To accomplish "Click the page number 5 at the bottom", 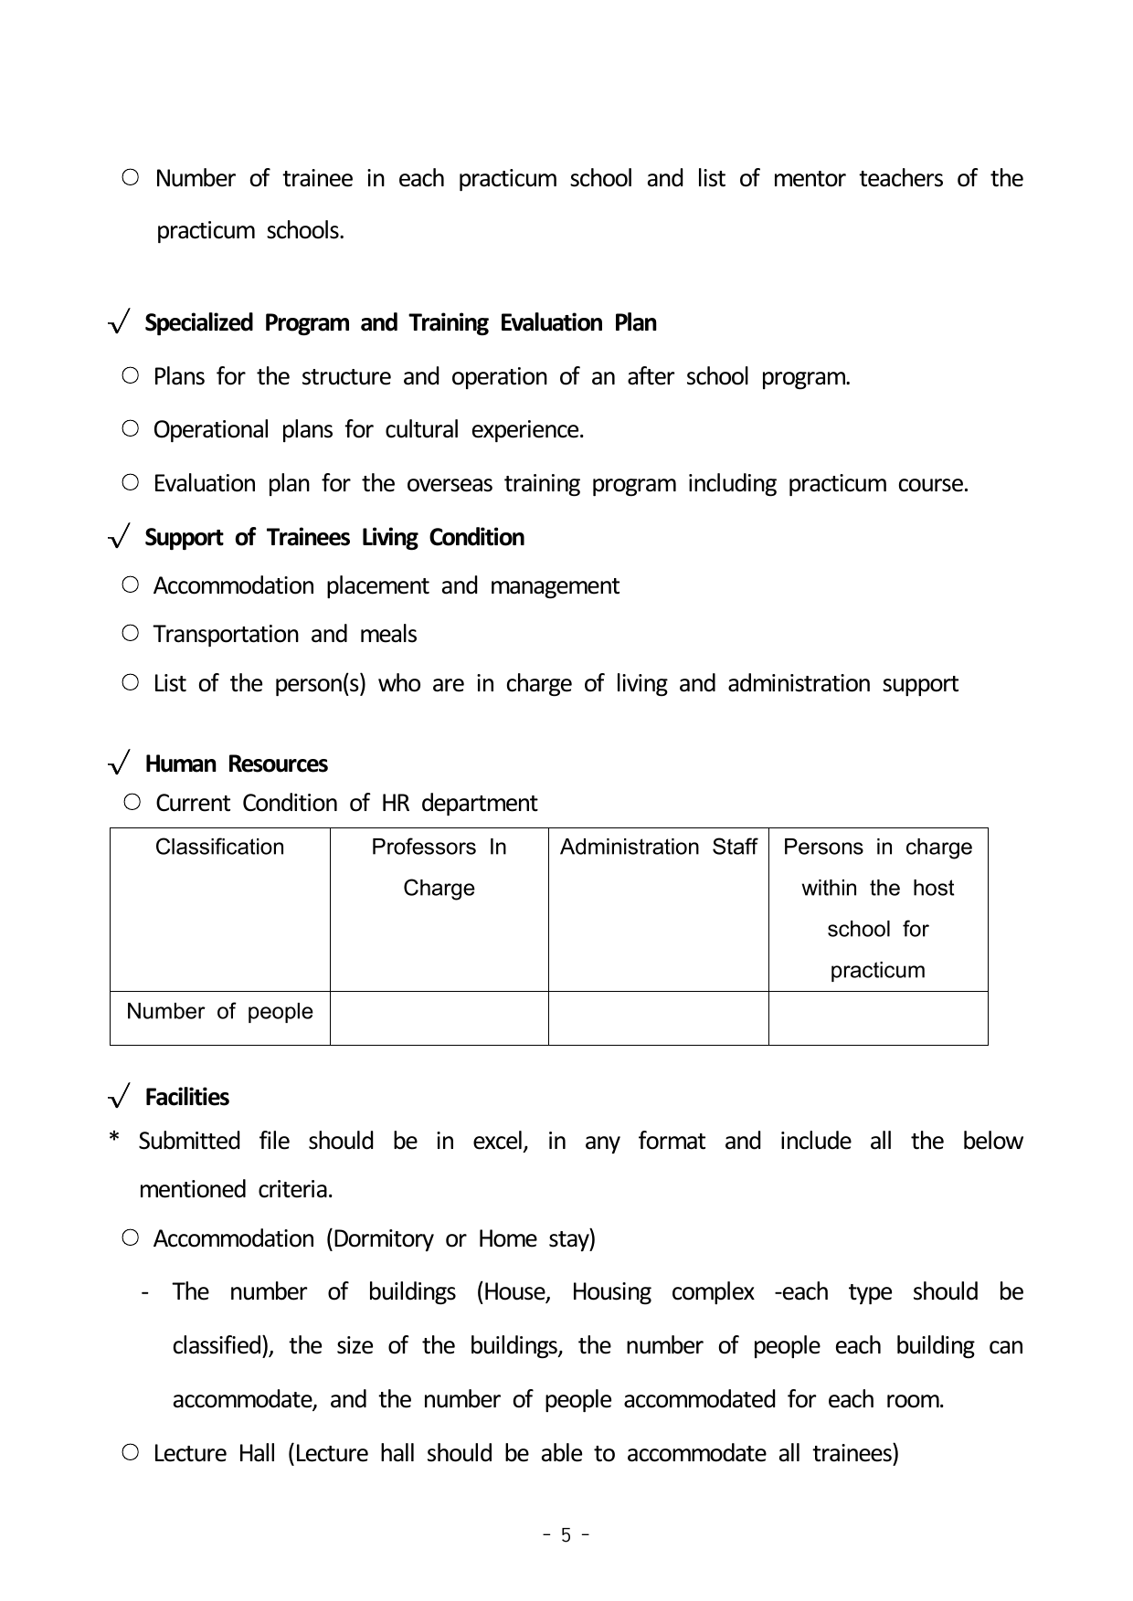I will point(566,1535).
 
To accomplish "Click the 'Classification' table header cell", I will point(219,848).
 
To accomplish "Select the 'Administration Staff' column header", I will point(658,848).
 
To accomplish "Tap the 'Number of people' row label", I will point(219,1012).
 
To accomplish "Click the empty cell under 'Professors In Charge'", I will point(439,1017).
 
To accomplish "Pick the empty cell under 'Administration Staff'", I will point(658,1017).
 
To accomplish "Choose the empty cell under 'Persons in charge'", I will point(878,1017).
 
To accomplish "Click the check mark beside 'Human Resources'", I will point(120,764).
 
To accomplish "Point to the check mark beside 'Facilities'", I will point(120,1097).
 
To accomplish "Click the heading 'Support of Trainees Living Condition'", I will point(334,537).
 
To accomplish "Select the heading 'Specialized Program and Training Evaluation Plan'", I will point(400,323).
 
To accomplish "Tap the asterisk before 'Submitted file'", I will point(115,1140).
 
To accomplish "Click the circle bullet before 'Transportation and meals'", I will point(131,633).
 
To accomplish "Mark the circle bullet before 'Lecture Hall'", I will point(131,1452).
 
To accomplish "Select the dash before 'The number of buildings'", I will point(145,1293).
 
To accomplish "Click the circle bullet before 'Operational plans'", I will point(131,428).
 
